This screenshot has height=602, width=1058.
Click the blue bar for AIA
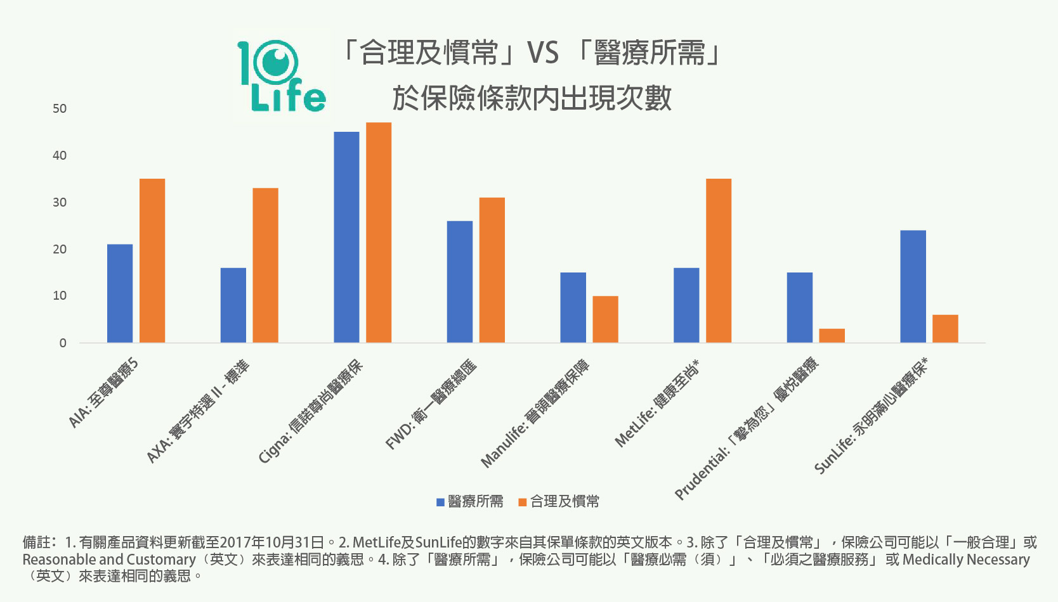pyautogui.click(x=120, y=293)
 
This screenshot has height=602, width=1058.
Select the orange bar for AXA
pyautogui.click(x=265, y=266)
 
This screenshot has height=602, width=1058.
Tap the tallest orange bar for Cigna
pyautogui.click(x=379, y=233)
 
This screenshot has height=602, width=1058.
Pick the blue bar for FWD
pyautogui.click(x=460, y=282)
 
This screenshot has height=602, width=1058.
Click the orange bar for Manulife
pyautogui.click(x=605, y=319)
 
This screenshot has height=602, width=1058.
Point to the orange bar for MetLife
pyautogui.click(x=719, y=260)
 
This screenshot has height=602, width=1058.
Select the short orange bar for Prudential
pyautogui.click(x=832, y=336)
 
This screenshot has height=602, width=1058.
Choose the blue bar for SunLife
pyautogui.click(x=913, y=286)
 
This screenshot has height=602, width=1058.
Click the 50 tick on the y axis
pyautogui.click(x=60, y=109)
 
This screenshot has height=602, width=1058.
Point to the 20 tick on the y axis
pyautogui.click(x=60, y=250)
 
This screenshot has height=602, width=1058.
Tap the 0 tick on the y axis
pyautogui.click(x=62, y=343)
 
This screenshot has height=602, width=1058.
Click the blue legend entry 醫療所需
pyautogui.click(x=469, y=502)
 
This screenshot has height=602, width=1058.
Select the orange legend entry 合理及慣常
pyautogui.click(x=558, y=502)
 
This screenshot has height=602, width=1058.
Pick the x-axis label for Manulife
pyautogui.click(x=535, y=414)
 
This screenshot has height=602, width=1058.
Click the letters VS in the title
pyautogui.click(x=543, y=53)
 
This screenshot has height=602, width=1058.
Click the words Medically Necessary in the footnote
pyautogui.click(x=965, y=560)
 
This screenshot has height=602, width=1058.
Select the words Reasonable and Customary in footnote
pyautogui.click(x=109, y=560)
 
